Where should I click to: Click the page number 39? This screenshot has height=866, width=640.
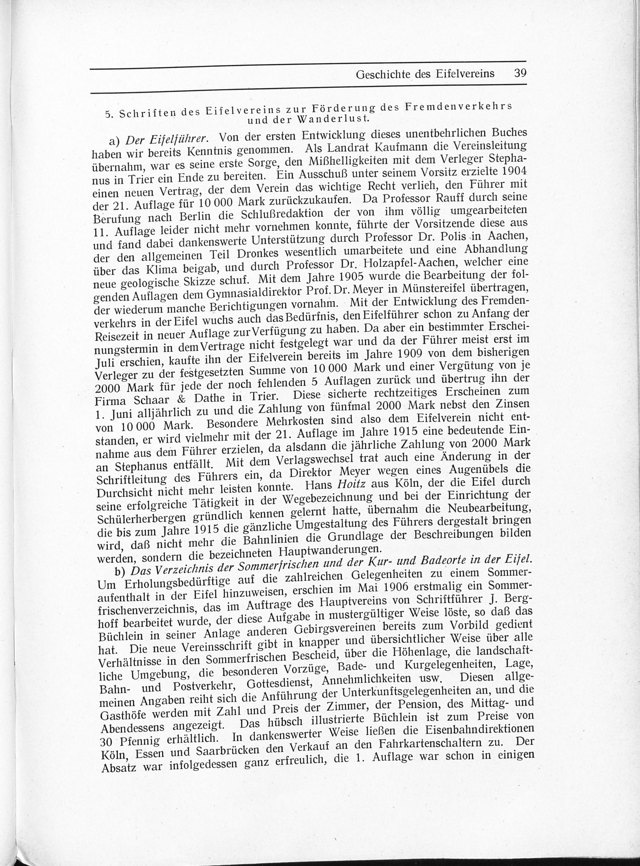pos(519,73)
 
